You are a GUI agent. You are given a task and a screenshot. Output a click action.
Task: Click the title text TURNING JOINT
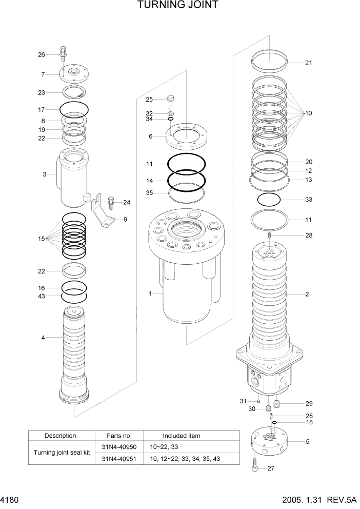(178, 6)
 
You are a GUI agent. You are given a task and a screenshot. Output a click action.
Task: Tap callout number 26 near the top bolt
(42, 55)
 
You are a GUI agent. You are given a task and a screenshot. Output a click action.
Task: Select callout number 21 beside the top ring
(308, 63)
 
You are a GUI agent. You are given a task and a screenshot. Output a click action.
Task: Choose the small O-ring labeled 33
(269, 199)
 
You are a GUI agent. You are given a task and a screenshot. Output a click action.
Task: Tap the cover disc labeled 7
(72, 74)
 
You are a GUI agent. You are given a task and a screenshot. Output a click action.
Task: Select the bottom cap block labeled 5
(270, 441)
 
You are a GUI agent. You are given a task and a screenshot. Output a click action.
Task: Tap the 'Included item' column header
(182, 436)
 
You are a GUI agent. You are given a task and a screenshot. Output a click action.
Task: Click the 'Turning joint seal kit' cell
(61, 453)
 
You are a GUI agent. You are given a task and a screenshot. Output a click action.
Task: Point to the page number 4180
(10, 500)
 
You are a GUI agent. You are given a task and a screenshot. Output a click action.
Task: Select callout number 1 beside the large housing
(150, 293)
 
